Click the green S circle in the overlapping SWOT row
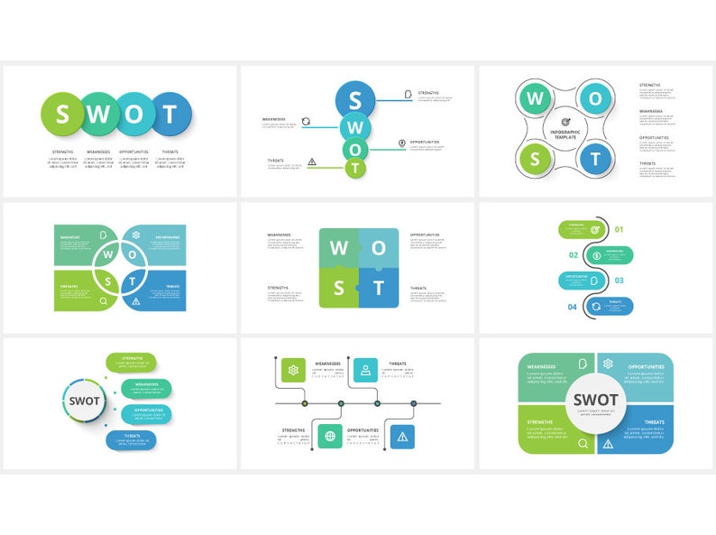pos(62,114)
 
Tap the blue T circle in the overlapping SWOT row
pos(170,114)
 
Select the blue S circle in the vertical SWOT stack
pos(355,99)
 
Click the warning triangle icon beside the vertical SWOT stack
pos(312,162)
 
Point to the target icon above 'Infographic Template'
pos(565,122)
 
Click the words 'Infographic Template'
pos(565,134)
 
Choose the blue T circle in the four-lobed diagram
pos(594,160)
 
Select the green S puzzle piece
pos(339,288)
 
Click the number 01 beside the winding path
pos(620,229)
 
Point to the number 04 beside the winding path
pos(572,308)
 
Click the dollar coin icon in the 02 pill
pos(596,255)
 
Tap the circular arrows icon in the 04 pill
pos(596,307)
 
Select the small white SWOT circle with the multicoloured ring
pos(85,401)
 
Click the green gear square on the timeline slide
pos(293,369)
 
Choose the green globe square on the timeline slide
pos(329,437)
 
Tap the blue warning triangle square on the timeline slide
pos(402,437)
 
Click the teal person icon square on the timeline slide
pos(365,369)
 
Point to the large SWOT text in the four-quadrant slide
pos(596,400)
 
